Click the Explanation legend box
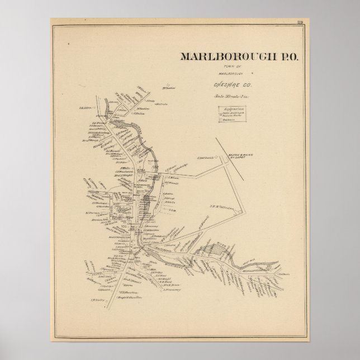pyautogui.click(x=234, y=113)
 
